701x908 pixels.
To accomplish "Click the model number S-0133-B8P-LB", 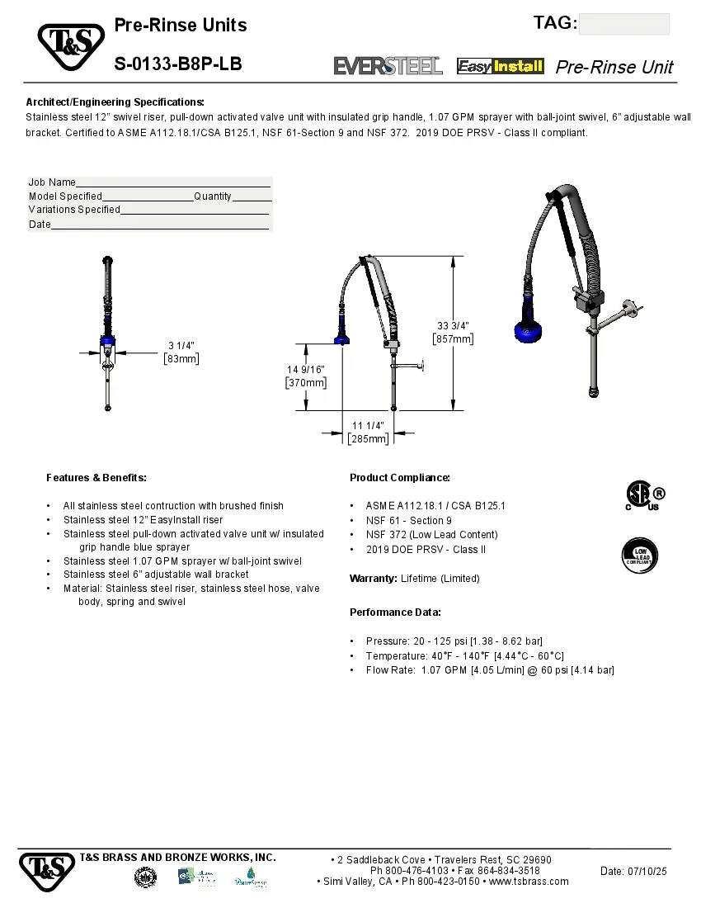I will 178,64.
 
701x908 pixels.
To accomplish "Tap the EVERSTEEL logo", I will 388,66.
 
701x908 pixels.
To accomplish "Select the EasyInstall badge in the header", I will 501,66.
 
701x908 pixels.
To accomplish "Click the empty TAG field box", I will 623,24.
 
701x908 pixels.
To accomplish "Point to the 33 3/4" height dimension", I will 454,332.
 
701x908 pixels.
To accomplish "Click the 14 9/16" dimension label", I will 306,376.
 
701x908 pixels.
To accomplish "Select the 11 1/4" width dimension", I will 368,432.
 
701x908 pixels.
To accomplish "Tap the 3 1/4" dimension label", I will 181,352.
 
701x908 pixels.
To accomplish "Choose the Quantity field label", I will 213,196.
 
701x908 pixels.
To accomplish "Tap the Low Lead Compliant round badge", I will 640,556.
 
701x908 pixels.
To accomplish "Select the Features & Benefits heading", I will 96,478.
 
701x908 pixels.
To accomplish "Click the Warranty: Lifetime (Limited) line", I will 414,579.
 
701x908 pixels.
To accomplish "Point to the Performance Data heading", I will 395,612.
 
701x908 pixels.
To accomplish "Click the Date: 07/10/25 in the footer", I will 633,872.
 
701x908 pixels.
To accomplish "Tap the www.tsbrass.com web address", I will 529,882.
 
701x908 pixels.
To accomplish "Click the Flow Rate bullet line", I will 490,670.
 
